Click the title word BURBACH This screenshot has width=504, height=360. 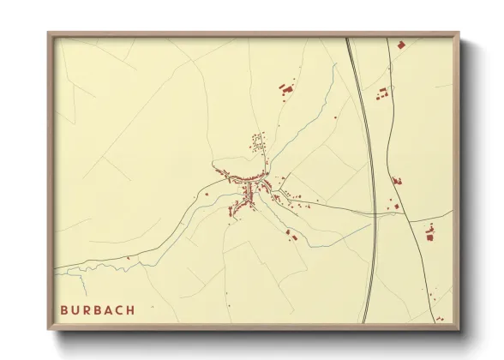click(98, 309)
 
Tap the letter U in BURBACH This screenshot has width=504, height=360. click(76, 309)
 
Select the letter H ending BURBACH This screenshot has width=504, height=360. click(130, 309)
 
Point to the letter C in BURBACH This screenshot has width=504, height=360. click(119, 309)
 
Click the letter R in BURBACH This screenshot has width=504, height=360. click(87, 309)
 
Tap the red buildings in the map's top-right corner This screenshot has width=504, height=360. click(399, 44)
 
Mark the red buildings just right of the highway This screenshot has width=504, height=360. click(382, 93)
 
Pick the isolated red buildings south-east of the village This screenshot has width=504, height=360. click(291, 236)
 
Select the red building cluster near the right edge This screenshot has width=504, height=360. click(430, 231)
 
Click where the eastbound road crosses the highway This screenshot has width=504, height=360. click(375, 213)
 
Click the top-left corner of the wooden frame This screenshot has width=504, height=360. click(50, 35)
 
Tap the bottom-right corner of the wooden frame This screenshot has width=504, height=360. click(458, 328)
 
